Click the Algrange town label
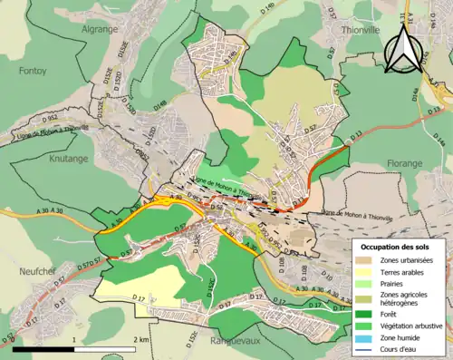point(99,28)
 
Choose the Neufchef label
point(33,271)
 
